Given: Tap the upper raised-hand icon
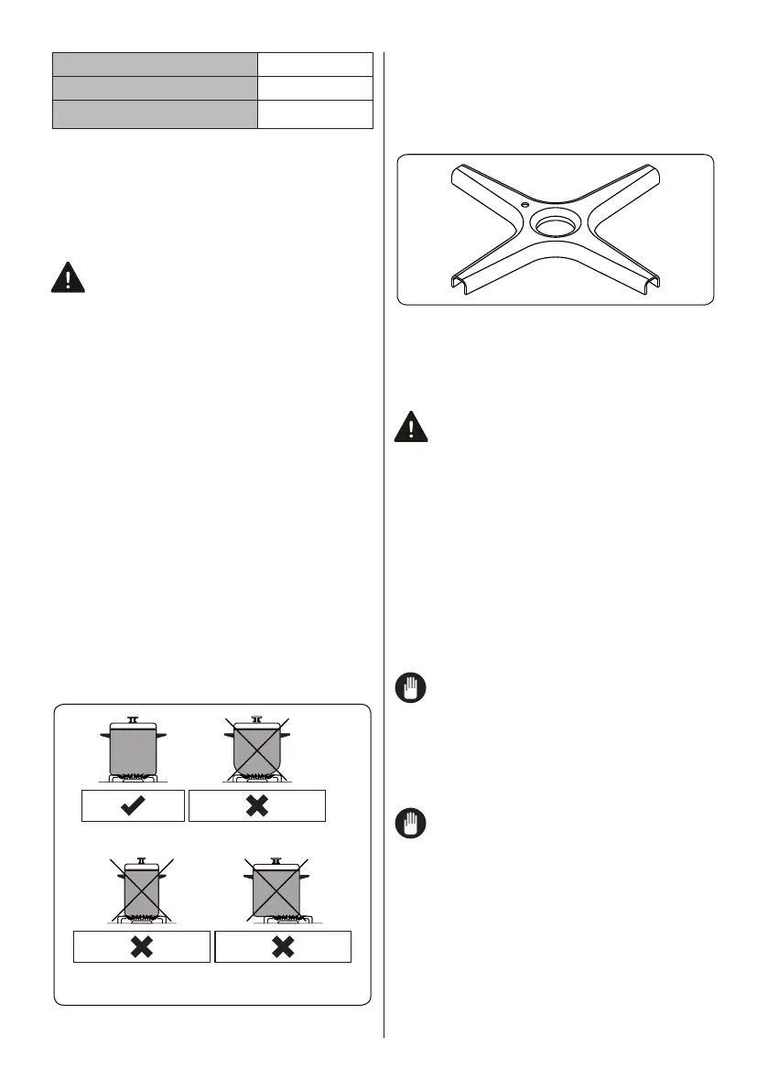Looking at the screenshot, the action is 412,688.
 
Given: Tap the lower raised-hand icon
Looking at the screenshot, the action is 412,824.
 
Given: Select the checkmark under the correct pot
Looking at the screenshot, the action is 133,804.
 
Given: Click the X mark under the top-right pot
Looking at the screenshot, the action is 257,804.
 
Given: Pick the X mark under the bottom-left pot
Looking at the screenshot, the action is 141,947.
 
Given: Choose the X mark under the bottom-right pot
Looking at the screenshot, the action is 283,947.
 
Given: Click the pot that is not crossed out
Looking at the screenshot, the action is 133,747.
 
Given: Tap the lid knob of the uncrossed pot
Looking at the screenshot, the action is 133,719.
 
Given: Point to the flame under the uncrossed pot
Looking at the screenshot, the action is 133,775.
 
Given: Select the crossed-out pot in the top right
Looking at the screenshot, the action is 257,747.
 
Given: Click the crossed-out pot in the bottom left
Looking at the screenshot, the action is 141,890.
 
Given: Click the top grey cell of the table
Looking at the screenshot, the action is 154,64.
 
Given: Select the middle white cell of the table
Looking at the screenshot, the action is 315,89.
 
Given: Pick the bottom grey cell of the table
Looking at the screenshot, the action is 154,113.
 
